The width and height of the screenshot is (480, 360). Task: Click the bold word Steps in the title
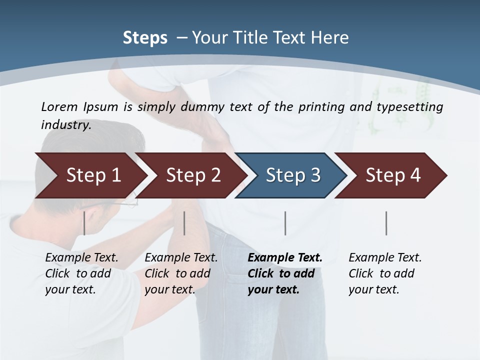pyautogui.click(x=145, y=38)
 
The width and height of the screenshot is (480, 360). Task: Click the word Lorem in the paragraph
pyautogui.click(x=58, y=106)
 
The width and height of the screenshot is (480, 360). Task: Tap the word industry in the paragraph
pyautogui.click(x=65, y=124)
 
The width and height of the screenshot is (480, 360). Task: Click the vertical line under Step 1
pyautogui.click(x=84, y=223)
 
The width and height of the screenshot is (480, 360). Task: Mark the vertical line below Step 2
pyautogui.click(x=184, y=223)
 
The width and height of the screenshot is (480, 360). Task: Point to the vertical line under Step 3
pyautogui.click(x=285, y=223)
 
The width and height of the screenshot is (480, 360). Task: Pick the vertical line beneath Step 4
pyautogui.click(x=386, y=223)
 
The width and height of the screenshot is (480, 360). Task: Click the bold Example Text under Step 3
pyautogui.click(x=285, y=258)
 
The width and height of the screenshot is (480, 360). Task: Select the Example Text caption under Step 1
pyautogui.click(x=81, y=258)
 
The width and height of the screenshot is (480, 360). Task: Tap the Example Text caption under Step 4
pyautogui.click(x=385, y=258)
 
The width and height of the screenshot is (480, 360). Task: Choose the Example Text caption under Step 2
pyautogui.click(x=181, y=258)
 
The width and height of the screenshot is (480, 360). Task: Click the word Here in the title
pyautogui.click(x=332, y=38)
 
